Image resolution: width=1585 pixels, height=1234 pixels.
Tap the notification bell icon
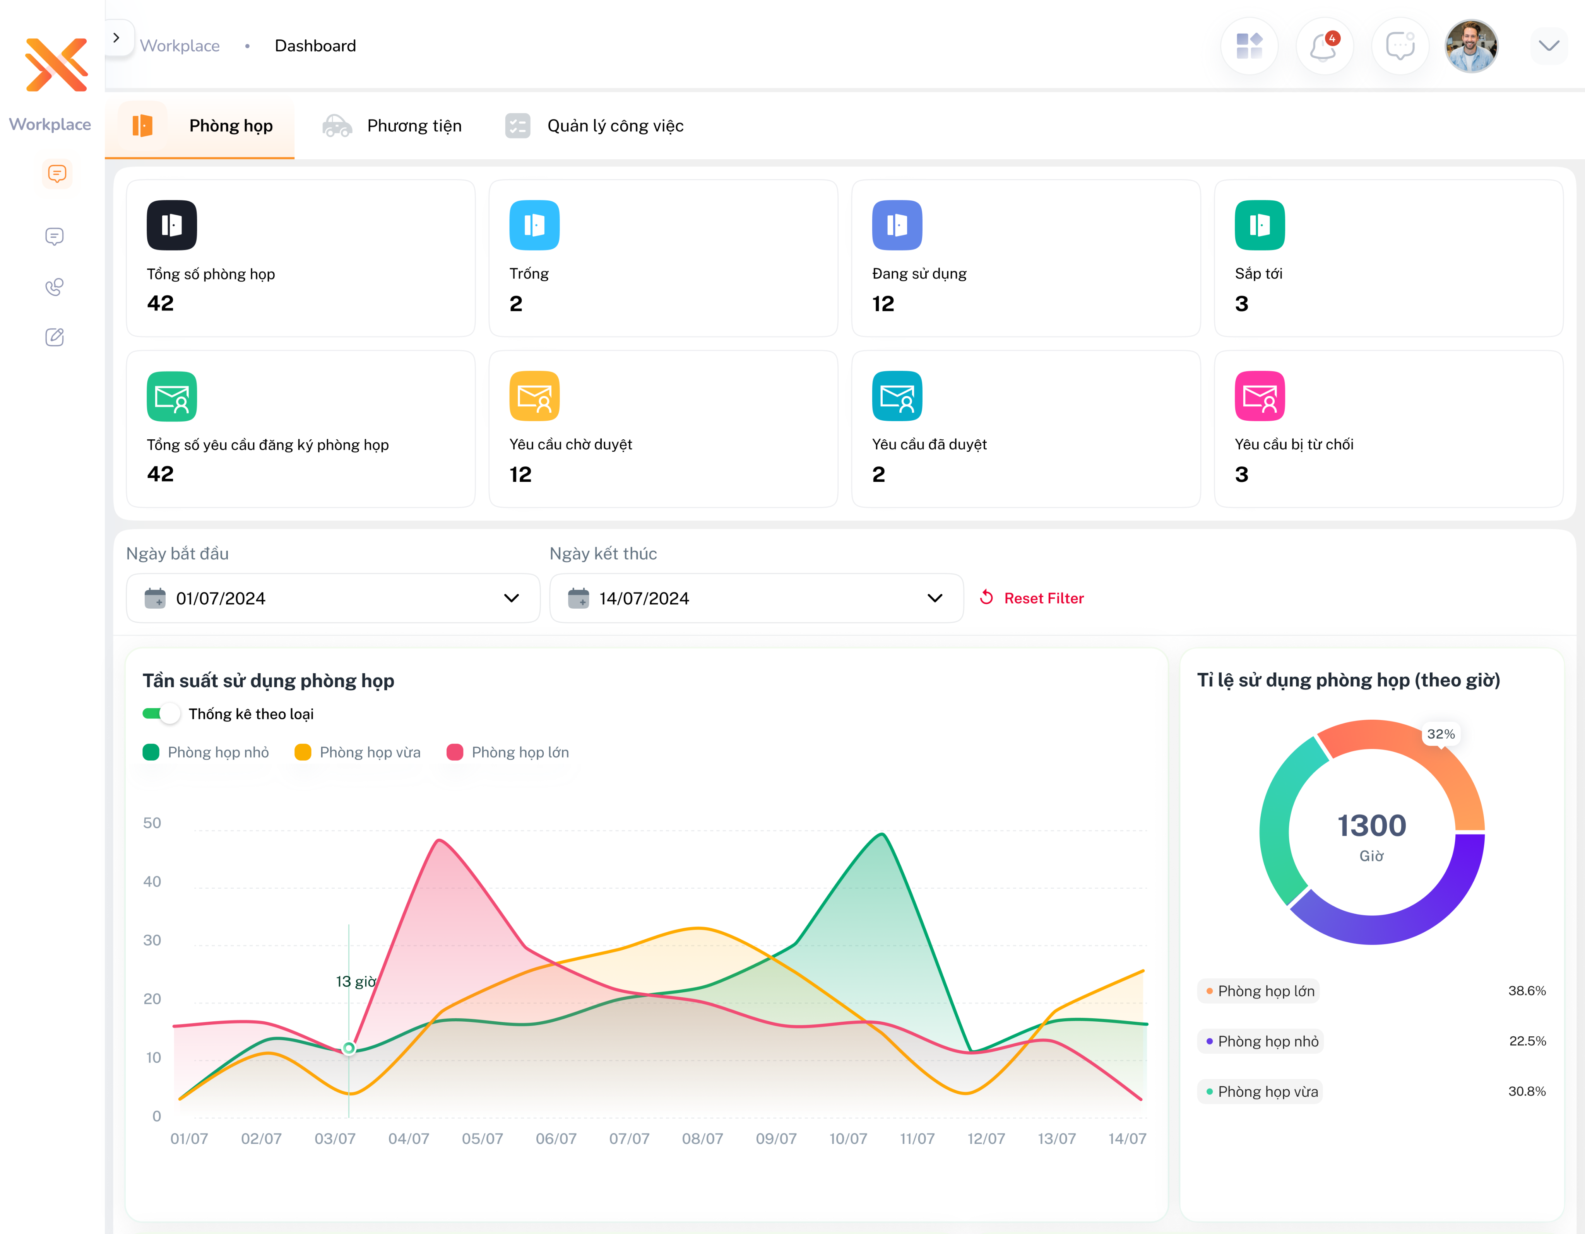(x=1324, y=46)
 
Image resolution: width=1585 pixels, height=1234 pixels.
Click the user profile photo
(x=1471, y=46)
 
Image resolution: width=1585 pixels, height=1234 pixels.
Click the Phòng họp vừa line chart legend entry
(x=358, y=752)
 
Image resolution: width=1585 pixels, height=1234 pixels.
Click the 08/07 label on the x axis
(x=702, y=1138)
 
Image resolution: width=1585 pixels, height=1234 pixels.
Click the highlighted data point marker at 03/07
(x=349, y=1048)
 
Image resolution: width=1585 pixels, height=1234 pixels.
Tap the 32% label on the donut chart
(x=1441, y=734)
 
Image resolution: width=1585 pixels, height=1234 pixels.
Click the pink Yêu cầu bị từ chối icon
(x=1259, y=396)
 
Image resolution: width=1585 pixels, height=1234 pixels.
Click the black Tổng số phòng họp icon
(x=172, y=225)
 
